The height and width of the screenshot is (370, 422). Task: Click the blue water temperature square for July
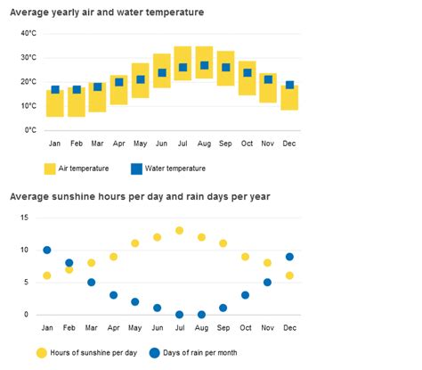[183, 68]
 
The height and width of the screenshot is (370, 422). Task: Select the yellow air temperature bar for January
[55, 103]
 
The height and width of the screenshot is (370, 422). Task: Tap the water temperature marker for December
[290, 85]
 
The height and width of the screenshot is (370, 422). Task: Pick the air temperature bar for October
[248, 78]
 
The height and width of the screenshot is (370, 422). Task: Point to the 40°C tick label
[28, 33]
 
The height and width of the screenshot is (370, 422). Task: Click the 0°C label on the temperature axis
[30, 130]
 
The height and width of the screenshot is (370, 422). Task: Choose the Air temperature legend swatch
[50, 169]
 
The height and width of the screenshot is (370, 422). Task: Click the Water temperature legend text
[175, 169]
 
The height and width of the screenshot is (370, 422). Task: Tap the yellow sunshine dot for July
[179, 230]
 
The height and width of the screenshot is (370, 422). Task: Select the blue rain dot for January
[47, 250]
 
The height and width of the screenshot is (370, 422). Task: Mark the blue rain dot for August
[201, 315]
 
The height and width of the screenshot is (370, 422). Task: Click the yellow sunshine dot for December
[289, 275]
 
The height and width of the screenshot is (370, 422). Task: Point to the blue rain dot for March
[92, 283]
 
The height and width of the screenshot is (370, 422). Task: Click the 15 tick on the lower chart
[24, 218]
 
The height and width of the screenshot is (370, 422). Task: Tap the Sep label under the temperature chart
[225, 144]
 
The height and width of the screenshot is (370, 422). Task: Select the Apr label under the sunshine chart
[113, 328]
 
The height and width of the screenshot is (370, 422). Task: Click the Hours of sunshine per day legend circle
[42, 353]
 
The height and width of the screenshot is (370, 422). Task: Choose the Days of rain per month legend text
[200, 353]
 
